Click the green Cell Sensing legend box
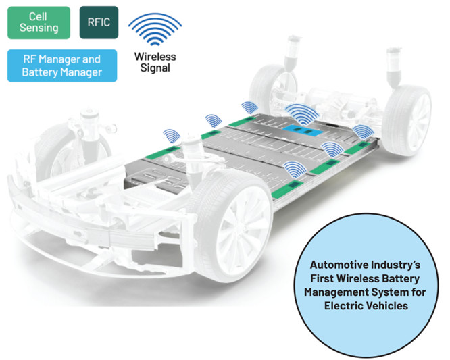(39, 23)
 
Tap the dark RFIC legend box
(99, 22)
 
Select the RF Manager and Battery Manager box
(62, 66)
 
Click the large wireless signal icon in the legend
(155, 29)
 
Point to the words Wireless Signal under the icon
(155, 62)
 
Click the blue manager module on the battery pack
(303, 132)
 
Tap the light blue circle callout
(366, 286)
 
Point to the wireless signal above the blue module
(301, 114)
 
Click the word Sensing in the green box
(39, 28)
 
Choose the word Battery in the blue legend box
(37, 72)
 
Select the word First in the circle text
(322, 278)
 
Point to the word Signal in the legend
(155, 68)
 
